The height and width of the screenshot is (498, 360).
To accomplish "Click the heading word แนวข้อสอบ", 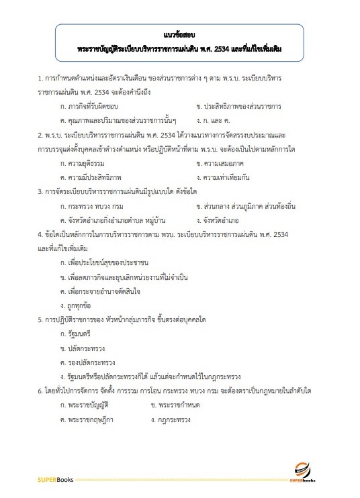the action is pyautogui.click(x=179, y=34).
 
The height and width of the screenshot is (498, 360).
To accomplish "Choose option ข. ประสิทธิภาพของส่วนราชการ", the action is pyautogui.click(x=238, y=107).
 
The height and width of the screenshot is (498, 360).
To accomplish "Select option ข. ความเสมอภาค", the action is pyautogui.click(x=220, y=163).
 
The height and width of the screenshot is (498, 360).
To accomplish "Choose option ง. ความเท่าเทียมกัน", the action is pyautogui.click(x=225, y=177).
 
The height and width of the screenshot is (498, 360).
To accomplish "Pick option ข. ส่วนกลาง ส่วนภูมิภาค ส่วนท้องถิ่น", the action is pyautogui.click(x=248, y=205).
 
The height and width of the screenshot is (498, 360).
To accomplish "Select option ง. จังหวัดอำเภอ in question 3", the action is pyautogui.click(x=218, y=219).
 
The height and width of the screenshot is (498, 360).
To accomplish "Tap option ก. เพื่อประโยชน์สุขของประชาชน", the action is pyautogui.click(x=104, y=262).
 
